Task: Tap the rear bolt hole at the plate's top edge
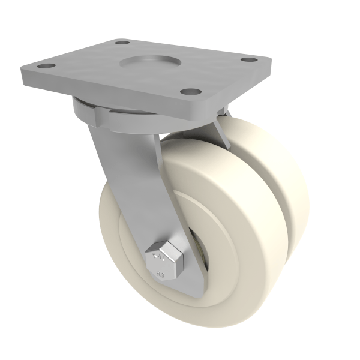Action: coord(122,43)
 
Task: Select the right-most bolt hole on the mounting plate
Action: coord(248,61)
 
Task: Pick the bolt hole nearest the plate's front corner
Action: coord(190,92)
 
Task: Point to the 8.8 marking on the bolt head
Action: coord(161,274)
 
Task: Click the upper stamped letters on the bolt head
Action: coord(158,258)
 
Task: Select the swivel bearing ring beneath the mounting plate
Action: coord(90,111)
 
